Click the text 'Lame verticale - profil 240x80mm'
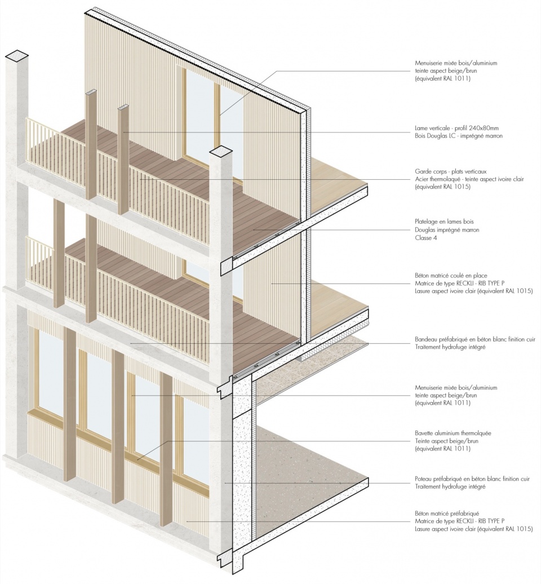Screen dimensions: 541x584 [457, 128]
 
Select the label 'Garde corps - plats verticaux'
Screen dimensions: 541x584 [450, 172]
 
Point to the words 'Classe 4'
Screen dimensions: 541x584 [426, 238]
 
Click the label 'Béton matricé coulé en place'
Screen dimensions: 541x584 [451, 276]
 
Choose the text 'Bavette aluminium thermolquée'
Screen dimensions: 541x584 [453, 433]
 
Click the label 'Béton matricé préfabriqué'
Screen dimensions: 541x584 [447, 513]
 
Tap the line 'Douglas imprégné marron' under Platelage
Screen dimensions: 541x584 [447, 230]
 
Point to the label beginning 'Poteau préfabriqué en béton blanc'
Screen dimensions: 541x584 [472, 479]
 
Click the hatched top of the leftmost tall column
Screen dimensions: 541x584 [17, 56]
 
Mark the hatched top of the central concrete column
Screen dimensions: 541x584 [222, 152]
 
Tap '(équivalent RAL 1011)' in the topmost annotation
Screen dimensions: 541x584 [443, 78]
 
